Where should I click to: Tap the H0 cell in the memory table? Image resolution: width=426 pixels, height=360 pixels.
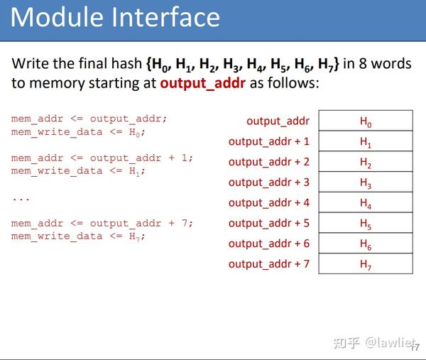tap(366, 121)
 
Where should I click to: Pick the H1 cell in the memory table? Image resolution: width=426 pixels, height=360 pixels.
tap(366, 142)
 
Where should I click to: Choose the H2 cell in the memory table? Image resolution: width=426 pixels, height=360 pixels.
tap(366, 162)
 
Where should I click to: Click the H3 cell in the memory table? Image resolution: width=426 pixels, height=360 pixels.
tap(366, 182)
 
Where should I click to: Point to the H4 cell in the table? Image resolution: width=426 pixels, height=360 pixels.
tap(366, 203)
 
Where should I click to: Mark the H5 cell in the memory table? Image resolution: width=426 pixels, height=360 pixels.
tap(366, 223)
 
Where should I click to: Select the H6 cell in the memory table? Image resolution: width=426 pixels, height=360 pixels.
tap(366, 244)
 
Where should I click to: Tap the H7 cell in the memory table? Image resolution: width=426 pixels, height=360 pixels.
tap(366, 264)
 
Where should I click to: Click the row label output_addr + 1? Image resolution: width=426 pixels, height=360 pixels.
tap(269, 141)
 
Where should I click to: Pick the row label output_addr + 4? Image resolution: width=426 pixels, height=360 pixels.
tap(269, 202)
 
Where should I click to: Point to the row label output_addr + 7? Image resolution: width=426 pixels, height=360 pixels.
tap(269, 264)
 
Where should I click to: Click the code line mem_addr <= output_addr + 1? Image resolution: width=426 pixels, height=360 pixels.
tap(102, 158)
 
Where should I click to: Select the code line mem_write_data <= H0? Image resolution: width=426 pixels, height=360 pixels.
tap(78, 132)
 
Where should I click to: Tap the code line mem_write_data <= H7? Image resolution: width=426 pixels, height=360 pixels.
tap(78, 236)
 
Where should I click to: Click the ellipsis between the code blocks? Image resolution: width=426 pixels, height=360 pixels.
tap(21, 198)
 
